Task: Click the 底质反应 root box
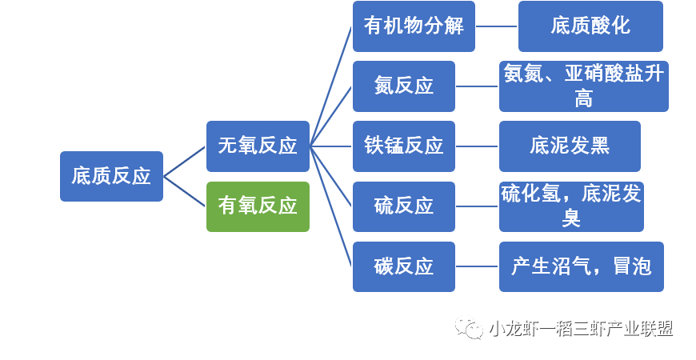pos(111,176)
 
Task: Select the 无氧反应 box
pos(258,146)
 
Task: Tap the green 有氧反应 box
pos(258,206)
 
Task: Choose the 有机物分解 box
pos(414,26)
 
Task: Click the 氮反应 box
pos(404,86)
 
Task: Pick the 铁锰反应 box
pos(404,146)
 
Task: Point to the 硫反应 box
pos(404,206)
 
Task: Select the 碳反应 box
pos(404,266)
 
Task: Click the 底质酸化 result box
pos(590,26)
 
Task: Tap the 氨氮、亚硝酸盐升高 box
pos(583,86)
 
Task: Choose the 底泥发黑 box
pos(570,146)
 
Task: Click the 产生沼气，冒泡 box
pos(582,266)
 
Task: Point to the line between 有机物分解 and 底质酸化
pos(497,26)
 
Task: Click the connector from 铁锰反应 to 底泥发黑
pos(477,146)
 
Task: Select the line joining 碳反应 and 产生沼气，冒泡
pos(477,266)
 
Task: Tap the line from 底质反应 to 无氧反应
pos(185,161)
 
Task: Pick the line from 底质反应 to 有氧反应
pos(185,191)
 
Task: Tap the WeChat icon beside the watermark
pos(470,329)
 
